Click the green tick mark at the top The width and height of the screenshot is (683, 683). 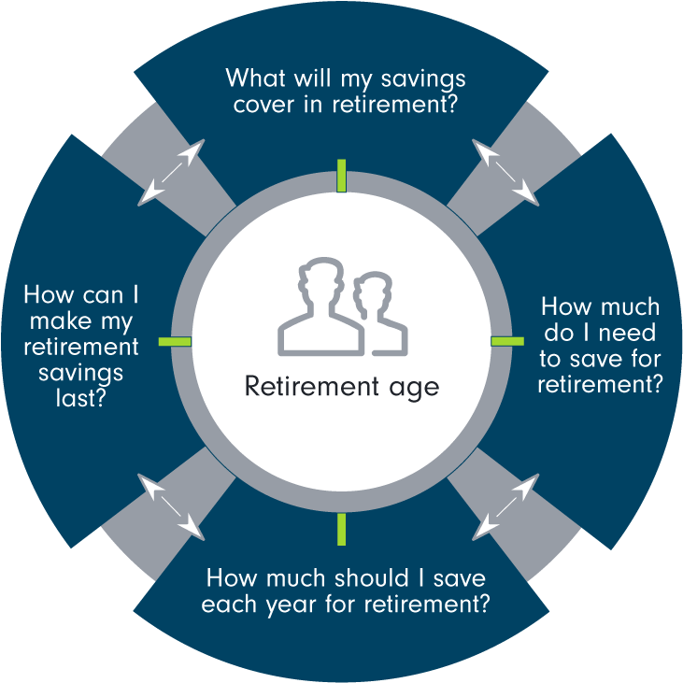[x=342, y=176]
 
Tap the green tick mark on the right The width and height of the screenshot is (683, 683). [x=508, y=341]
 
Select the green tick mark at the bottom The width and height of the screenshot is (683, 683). [x=342, y=528]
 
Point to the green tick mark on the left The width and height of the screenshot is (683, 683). [x=175, y=341]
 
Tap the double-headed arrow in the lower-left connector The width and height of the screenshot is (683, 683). [x=172, y=506]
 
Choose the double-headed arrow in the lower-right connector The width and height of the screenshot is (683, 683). [x=505, y=506]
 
